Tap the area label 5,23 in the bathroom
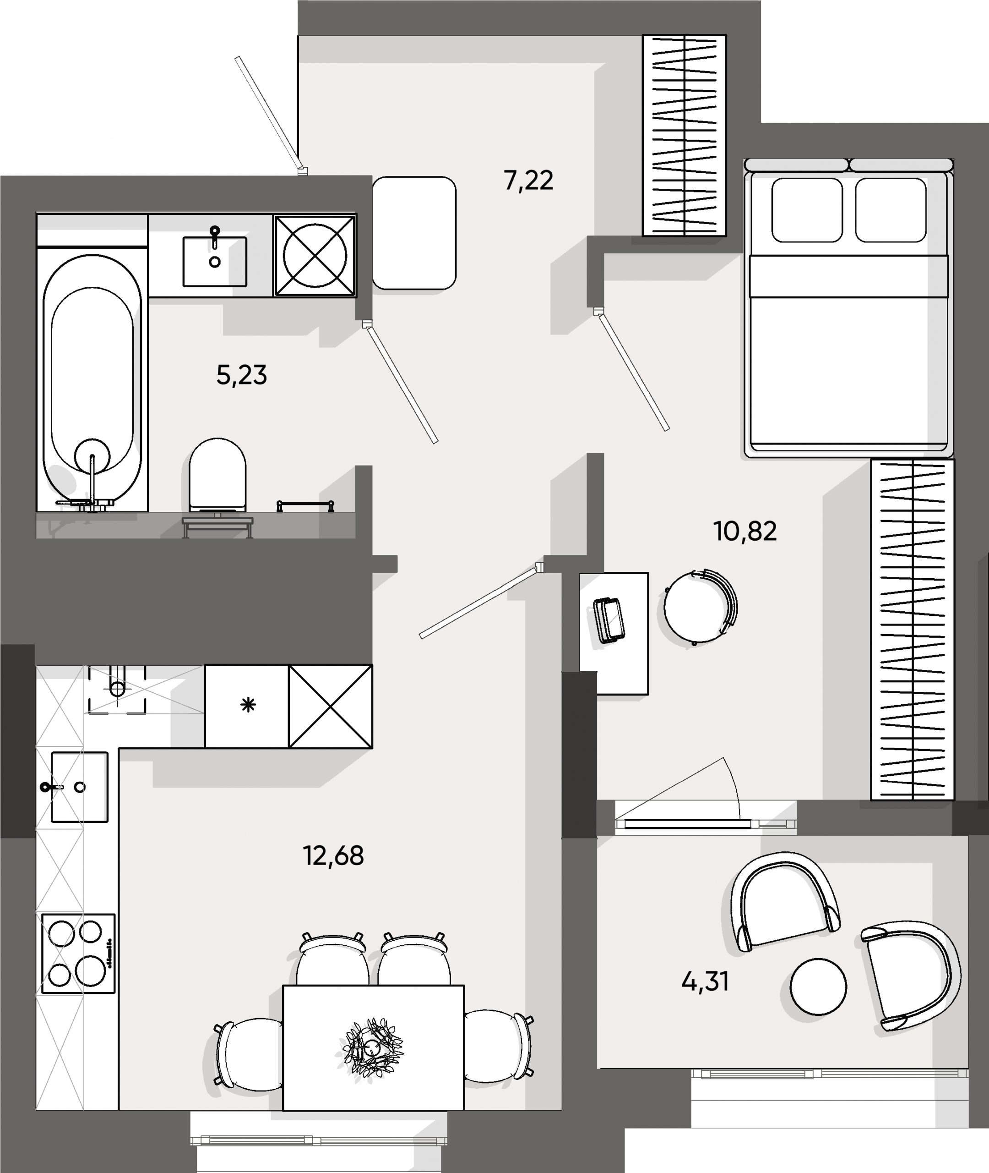click(x=241, y=375)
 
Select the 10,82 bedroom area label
click(x=744, y=531)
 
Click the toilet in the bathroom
click(x=217, y=474)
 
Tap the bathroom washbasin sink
click(x=214, y=261)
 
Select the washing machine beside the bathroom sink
click(x=315, y=255)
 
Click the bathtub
click(x=92, y=382)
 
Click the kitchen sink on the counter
click(x=79, y=787)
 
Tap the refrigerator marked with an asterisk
click(x=247, y=706)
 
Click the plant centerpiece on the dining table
click(x=372, y=1046)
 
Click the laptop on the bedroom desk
click(x=609, y=620)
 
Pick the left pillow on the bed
click(x=806, y=210)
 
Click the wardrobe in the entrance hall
click(x=684, y=135)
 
